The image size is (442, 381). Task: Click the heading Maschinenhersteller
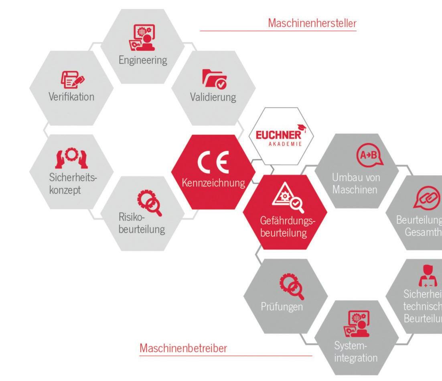tap(312, 23)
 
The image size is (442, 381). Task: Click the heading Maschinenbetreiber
tap(183, 348)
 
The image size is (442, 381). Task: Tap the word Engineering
tap(142, 60)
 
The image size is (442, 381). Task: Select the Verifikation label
tap(71, 96)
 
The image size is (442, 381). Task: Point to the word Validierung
tap(213, 97)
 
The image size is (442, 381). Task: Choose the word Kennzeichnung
tap(213, 183)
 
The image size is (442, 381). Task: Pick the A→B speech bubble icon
tap(367, 156)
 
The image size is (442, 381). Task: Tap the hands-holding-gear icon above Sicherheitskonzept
tap(71, 158)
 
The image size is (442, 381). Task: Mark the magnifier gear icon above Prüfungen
tap(292, 286)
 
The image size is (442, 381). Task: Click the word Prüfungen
tap(282, 307)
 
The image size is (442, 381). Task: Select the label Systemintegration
tap(356, 351)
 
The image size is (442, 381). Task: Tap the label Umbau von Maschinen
tap(356, 183)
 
